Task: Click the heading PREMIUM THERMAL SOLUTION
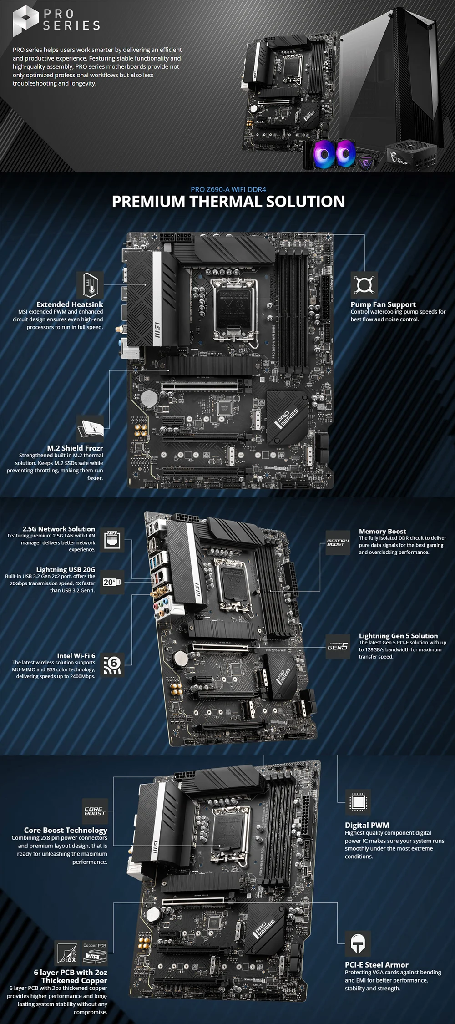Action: click(x=228, y=201)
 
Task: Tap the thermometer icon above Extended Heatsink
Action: click(x=90, y=285)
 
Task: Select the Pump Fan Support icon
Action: click(x=364, y=285)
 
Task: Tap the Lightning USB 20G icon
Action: click(x=112, y=582)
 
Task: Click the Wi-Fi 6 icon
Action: click(x=112, y=665)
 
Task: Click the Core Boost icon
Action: click(x=95, y=811)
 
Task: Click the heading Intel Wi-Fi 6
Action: click(x=76, y=655)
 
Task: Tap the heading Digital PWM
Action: click(x=367, y=825)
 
